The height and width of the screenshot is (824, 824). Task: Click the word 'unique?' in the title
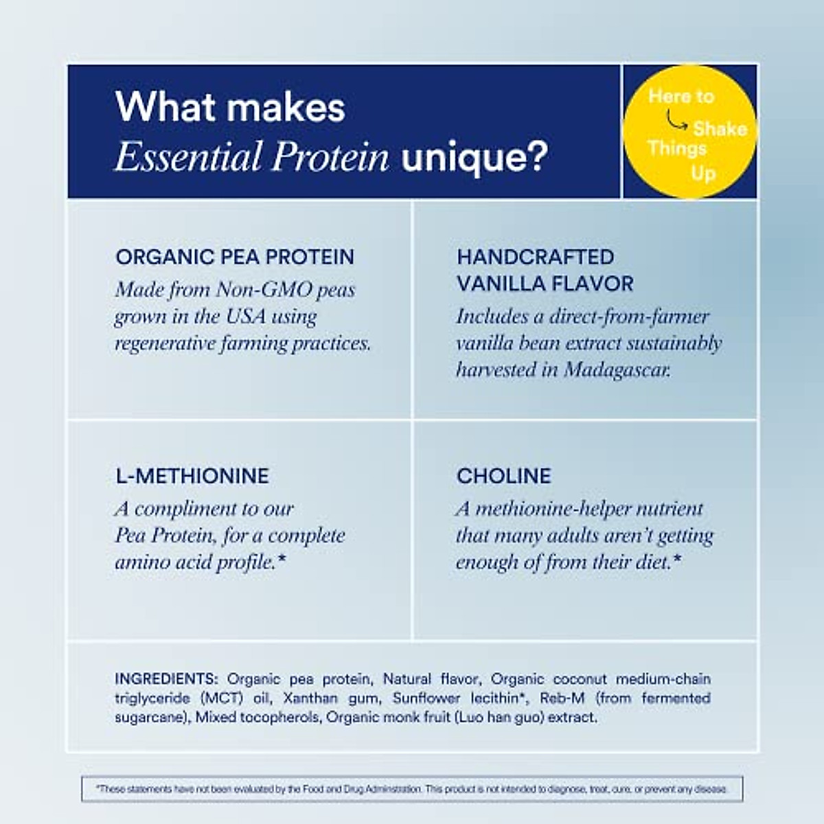point(474,158)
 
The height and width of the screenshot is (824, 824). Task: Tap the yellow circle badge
point(689,132)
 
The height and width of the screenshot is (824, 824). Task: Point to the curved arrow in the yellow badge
point(676,122)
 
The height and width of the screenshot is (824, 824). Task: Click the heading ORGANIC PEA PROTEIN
point(235,257)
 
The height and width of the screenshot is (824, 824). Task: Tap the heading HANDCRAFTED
point(535,257)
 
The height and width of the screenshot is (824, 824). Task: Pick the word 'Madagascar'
point(617,370)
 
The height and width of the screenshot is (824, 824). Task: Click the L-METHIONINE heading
point(192,476)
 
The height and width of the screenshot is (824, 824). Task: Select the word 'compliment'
point(178,509)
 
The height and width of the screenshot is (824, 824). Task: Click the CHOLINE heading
point(503,476)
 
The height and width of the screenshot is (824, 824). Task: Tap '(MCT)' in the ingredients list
point(222,698)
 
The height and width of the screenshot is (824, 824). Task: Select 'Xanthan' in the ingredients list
point(310,698)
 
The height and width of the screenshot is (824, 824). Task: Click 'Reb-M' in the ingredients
point(562,698)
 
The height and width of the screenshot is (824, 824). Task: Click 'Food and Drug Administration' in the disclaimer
point(353,789)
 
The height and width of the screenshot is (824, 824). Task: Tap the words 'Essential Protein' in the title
point(252,157)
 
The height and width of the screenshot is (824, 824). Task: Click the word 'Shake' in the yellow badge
point(720,128)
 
